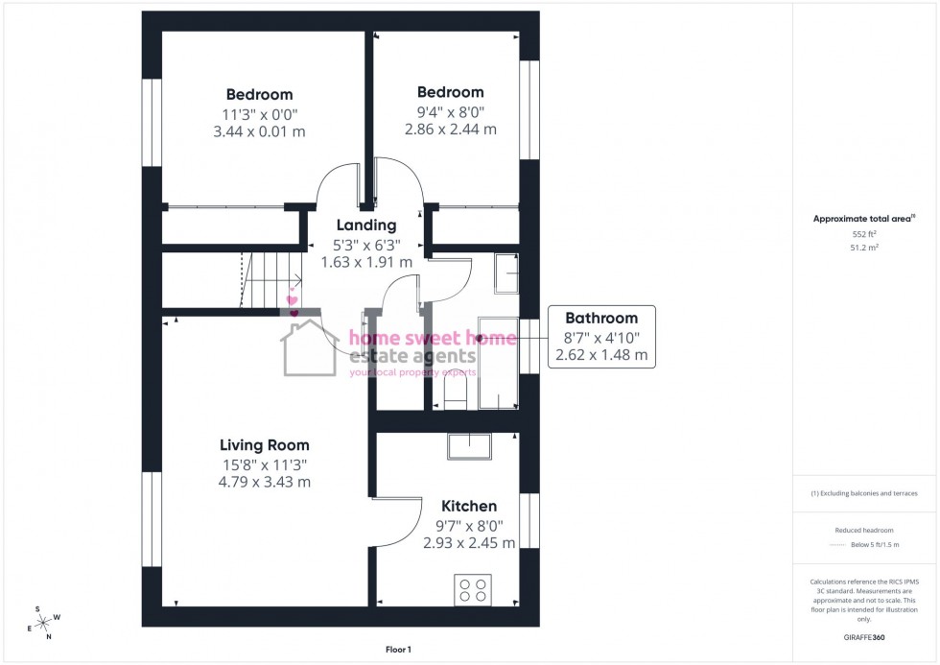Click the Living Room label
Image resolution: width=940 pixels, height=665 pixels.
coord(264,445)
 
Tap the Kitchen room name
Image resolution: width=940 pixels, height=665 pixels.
coord(469,506)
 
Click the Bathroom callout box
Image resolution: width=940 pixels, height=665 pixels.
coord(601,336)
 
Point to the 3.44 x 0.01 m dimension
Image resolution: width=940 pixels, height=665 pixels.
coord(259,131)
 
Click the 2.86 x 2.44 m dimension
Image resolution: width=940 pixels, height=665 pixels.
coord(450,129)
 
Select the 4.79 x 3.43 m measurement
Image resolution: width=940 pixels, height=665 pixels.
coord(264,482)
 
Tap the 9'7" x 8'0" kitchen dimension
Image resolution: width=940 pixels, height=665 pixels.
coord(469,525)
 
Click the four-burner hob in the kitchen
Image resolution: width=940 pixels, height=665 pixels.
coord(472,589)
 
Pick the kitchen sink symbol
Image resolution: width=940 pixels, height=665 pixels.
coord(468,446)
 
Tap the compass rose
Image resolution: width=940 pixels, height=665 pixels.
coord(43,621)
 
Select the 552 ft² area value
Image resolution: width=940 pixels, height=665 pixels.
coord(864,234)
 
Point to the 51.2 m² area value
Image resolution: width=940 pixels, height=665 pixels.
coord(864,247)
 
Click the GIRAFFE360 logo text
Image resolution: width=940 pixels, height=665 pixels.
coord(864,636)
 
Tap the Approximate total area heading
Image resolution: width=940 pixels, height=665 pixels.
coord(862,218)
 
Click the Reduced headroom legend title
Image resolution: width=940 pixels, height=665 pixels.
coord(864,530)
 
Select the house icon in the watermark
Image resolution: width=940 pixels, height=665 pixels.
coord(309,348)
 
